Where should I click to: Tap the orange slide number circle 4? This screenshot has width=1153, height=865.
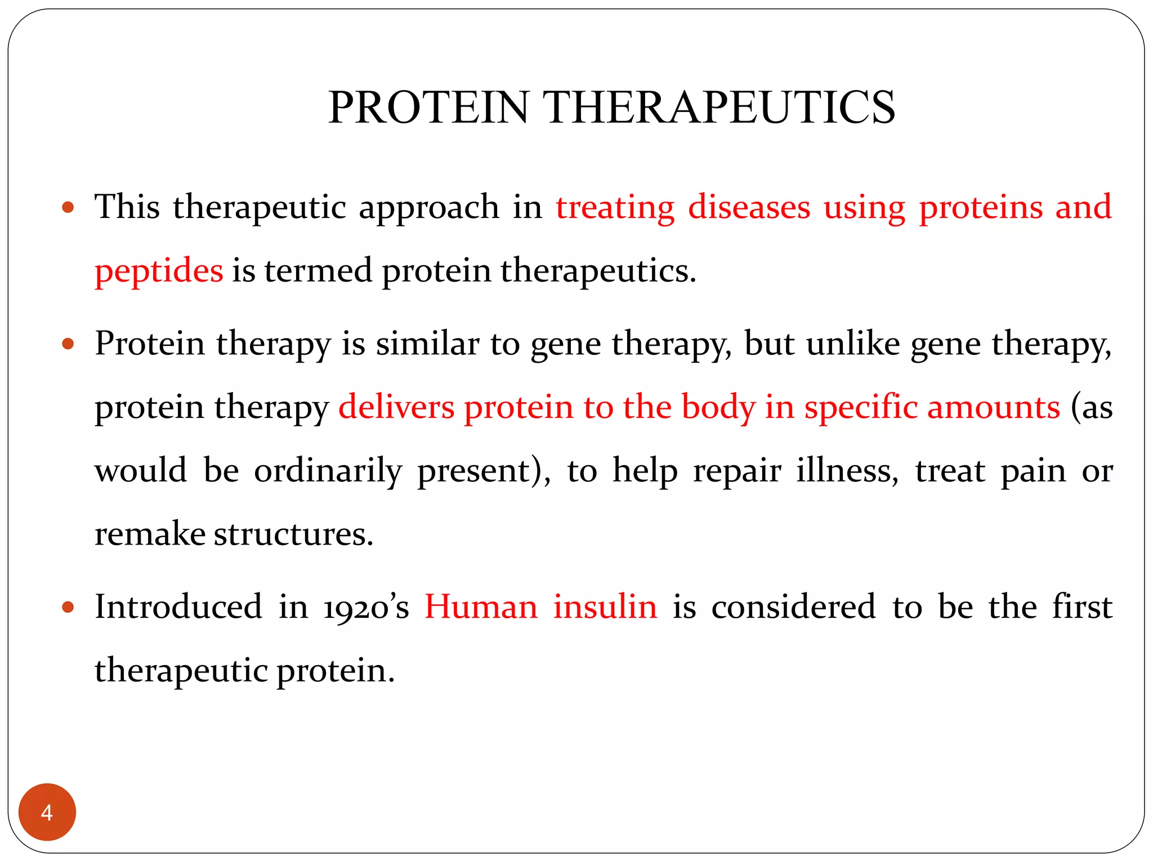click(47, 812)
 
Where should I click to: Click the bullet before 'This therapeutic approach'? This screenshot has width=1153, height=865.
click(68, 207)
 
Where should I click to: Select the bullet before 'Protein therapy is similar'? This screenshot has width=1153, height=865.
click(68, 344)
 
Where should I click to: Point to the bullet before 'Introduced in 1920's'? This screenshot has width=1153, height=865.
click(68, 608)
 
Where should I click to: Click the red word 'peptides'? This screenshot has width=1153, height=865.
click(159, 271)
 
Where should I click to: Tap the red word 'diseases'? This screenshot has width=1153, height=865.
click(749, 207)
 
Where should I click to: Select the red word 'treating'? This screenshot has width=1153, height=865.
click(615, 207)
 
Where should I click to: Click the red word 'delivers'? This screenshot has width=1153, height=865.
click(396, 407)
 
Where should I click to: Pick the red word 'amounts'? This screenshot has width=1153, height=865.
click(994, 407)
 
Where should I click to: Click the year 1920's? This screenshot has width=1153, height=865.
click(366, 608)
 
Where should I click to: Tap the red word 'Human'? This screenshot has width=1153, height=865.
click(481, 608)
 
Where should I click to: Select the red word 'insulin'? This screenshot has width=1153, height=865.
click(605, 608)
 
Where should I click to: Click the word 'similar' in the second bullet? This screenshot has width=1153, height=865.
click(427, 344)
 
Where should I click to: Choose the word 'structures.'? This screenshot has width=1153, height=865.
click(294, 534)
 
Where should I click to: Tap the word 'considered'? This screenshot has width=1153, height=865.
click(793, 608)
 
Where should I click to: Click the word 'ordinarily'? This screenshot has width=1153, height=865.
click(328, 471)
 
